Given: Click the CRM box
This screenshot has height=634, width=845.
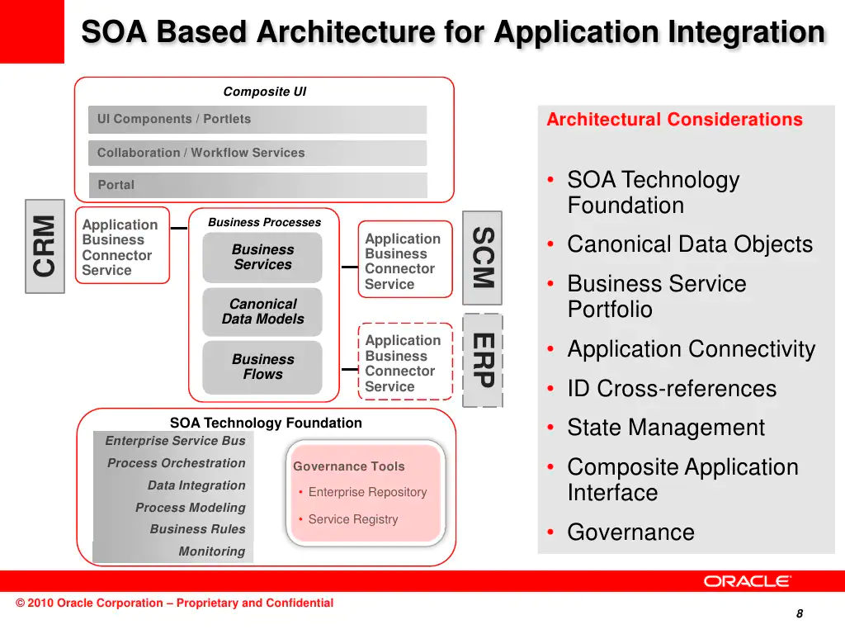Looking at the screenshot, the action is [45, 246].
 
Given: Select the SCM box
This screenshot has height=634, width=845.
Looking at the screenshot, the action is [482, 258].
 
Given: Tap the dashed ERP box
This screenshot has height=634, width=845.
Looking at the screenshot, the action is [483, 360].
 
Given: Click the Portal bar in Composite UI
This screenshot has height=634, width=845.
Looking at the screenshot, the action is [257, 185].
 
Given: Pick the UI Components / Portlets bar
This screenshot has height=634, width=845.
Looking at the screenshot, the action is [257, 119].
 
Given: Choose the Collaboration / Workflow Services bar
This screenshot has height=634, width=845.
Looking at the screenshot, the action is [257, 153].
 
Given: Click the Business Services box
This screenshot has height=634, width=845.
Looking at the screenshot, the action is [262, 258].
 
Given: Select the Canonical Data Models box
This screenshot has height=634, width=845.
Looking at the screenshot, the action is [262, 311].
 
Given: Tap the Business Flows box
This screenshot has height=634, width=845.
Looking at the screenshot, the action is [262, 367].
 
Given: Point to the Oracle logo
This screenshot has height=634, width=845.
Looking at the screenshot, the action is [747, 581].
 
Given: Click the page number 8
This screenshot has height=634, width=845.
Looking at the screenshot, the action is [800, 613].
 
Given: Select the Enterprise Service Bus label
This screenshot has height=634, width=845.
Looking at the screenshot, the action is [175, 441].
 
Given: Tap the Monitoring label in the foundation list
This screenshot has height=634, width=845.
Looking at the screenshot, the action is [212, 551].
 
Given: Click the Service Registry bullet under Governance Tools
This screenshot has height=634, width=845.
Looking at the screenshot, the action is [353, 519].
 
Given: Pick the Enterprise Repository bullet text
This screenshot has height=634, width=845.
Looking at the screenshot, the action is [367, 492].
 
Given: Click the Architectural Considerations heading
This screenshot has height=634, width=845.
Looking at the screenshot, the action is [675, 119].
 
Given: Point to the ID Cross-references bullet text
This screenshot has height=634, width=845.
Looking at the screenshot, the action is [672, 389].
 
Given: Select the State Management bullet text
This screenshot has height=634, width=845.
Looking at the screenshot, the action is [666, 428].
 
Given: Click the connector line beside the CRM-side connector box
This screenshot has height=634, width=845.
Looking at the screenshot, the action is [179, 229].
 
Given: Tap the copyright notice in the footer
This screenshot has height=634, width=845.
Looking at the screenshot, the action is [175, 603].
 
